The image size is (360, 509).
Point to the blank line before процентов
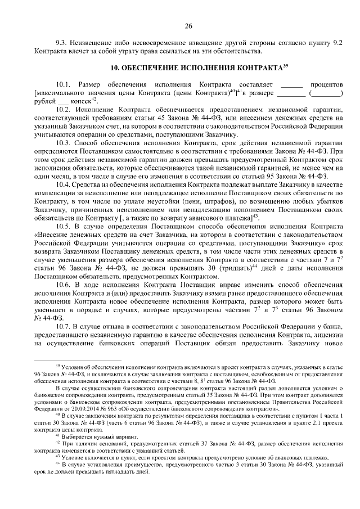coord(291,84)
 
